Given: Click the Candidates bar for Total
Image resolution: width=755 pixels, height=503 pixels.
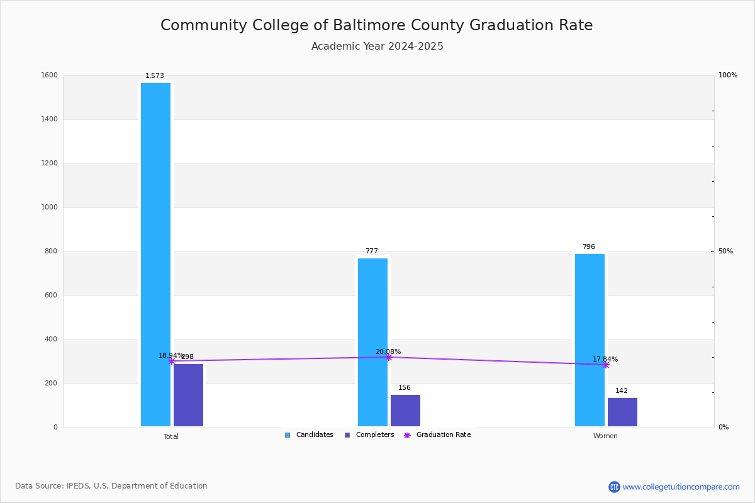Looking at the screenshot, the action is [x=155, y=255].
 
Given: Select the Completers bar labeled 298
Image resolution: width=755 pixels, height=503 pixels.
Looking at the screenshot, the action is [x=188, y=395].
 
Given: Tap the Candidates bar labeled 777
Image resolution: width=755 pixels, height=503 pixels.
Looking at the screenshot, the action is [x=372, y=342].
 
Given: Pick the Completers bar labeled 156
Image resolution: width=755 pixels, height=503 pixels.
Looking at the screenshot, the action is [x=405, y=411].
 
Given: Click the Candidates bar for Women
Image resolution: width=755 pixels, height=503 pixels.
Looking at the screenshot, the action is [x=590, y=340].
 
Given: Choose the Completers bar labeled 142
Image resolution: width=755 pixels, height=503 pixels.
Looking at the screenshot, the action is [x=622, y=412].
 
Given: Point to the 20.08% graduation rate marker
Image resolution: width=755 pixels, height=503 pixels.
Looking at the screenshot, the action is [x=389, y=357].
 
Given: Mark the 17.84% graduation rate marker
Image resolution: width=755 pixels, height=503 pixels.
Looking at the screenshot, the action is [x=606, y=365].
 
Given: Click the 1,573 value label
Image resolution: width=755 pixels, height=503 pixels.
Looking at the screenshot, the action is [x=155, y=75].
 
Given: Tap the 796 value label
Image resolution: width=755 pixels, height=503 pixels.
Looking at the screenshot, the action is [x=589, y=246].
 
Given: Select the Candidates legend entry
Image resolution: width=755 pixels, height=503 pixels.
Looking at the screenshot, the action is [x=309, y=434].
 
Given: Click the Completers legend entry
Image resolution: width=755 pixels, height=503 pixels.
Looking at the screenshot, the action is [x=369, y=434].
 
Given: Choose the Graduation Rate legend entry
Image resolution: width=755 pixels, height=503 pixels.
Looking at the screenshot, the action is [x=437, y=434].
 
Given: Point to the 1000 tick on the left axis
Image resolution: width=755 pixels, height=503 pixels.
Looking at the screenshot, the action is [x=49, y=207].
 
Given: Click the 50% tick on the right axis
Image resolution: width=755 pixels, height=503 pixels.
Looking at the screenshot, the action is [x=725, y=251].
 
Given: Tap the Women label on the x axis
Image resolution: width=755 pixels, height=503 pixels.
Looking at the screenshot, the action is [x=605, y=436].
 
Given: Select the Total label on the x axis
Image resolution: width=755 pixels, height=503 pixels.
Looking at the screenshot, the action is [x=171, y=436].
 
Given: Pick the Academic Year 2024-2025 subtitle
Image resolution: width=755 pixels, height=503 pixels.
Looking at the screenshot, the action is [x=377, y=46].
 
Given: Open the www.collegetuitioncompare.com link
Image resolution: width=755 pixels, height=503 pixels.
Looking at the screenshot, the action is [x=681, y=487].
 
